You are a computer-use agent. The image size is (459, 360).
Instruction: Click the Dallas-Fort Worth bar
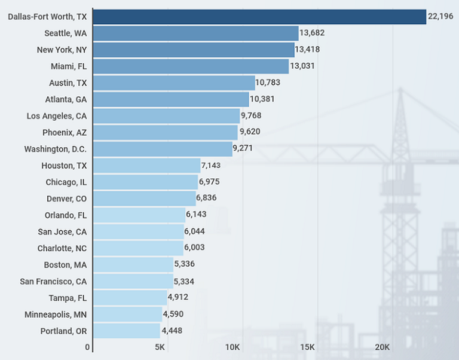click(x=259, y=17)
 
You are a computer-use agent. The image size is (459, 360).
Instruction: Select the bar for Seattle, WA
click(x=196, y=33)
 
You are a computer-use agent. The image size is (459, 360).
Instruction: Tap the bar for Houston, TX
click(x=147, y=166)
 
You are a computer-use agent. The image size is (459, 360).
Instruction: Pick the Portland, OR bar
click(x=127, y=331)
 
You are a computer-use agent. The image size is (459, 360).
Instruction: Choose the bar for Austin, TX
click(x=174, y=83)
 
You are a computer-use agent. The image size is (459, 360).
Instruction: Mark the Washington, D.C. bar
click(x=163, y=149)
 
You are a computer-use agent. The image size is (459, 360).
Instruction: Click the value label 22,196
click(x=440, y=16)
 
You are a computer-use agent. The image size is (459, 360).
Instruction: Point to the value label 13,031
click(x=302, y=66)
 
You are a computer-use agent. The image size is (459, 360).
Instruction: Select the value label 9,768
click(x=251, y=115)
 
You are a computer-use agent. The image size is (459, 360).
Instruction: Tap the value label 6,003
click(x=194, y=247)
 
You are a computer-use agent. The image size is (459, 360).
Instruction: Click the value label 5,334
click(x=184, y=282)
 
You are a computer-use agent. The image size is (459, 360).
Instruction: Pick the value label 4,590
click(x=173, y=314)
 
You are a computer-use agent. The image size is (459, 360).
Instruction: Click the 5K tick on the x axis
click(x=160, y=347)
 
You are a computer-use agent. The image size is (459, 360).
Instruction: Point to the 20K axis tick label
click(x=382, y=347)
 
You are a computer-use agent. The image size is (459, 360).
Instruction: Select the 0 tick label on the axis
click(x=87, y=347)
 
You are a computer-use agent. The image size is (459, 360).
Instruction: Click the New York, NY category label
click(x=62, y=50)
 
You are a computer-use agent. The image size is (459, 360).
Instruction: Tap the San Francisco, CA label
click(x=53, y=282)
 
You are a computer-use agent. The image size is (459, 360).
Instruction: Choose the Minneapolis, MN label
click(x=56, y=315)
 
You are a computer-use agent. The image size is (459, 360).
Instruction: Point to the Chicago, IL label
click(x=66, y=182)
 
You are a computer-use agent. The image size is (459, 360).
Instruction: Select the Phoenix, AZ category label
click(x=65, y=133)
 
